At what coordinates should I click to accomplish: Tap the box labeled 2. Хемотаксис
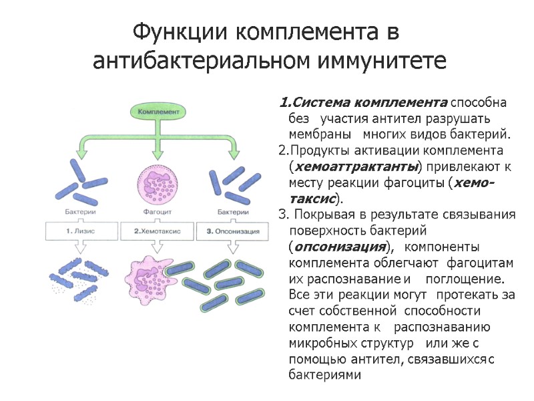pyautogui.click(x=158, y=231)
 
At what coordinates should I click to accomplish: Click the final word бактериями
pyautogui.click(x=324, y=376)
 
